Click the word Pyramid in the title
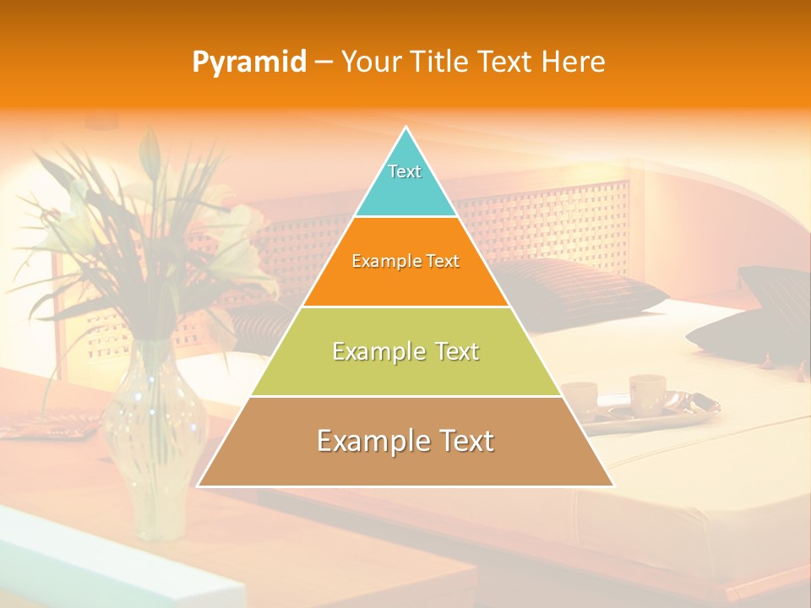click(249, 62)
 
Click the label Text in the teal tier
click(405, 171)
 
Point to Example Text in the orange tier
click(405, 261)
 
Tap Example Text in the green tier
click(405, 351)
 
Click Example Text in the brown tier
click(405, 441)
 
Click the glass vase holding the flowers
click(155, 439)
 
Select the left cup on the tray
click(580, 399)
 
